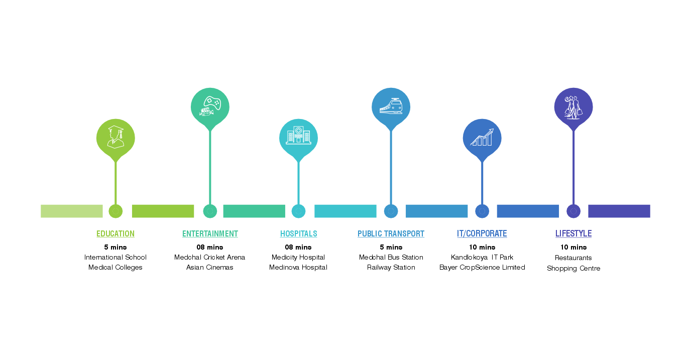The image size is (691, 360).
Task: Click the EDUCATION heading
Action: click(x=116, y=233)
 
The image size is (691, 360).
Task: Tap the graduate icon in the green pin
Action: click(x=116, y=137)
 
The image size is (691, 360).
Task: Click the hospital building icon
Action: click(x=298, y=136)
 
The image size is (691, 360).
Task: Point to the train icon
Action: click(x=391, y=106)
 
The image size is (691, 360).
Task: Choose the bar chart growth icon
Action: click(x=482, y=137)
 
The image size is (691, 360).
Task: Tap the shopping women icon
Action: click(x=573, y=106)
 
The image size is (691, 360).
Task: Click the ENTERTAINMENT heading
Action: click(x=210, y=233)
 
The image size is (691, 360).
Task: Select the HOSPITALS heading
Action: click(x=298, y=233)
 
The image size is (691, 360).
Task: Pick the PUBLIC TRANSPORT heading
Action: click(x=391, y=233)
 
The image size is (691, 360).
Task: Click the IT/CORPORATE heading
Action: click(x=482, y=233)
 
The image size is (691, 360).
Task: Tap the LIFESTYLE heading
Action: click(x=573, y=233)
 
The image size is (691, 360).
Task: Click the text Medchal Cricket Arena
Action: click(x=210, y=257)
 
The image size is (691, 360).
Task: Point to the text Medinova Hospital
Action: click(x=298, y=267)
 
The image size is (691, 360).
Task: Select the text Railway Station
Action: click(x=391, y=267)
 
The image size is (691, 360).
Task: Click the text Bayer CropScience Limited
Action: click(x=482, y=267)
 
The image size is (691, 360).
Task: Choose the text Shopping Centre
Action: click(x=573, y=268)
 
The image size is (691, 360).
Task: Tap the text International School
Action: click(x=116, y=257)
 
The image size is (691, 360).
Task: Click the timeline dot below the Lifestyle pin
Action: click(x=573, y=211)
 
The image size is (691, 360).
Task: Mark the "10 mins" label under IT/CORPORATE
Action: click(x=482, y=247)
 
